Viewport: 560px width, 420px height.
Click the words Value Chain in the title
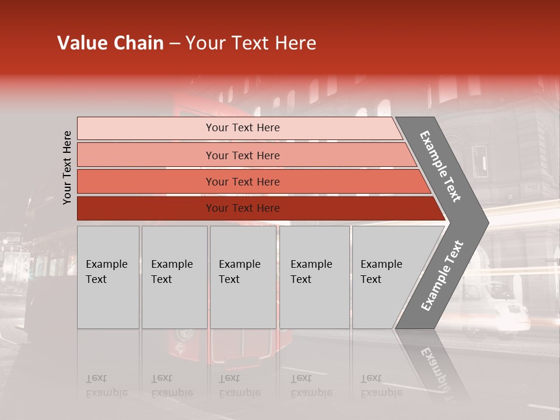[x=110, y=43]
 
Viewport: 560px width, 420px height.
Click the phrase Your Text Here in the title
[x=251, y=43]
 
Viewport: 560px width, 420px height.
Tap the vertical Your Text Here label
[x=67, y=167]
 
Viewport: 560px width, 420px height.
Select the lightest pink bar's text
[x=243, y=128]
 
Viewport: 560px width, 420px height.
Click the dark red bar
[x=243, y=208]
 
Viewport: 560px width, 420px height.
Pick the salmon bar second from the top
[x=243, y=155]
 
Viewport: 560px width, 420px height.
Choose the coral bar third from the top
[x=243, y=182]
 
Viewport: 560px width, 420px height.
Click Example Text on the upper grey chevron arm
[x=440, y=166]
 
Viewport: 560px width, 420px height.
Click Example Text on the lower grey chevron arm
[x=442, y=275]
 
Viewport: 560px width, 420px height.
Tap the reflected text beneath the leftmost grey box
[x=106, y=385]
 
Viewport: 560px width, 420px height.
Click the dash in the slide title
[x=174, y=44]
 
